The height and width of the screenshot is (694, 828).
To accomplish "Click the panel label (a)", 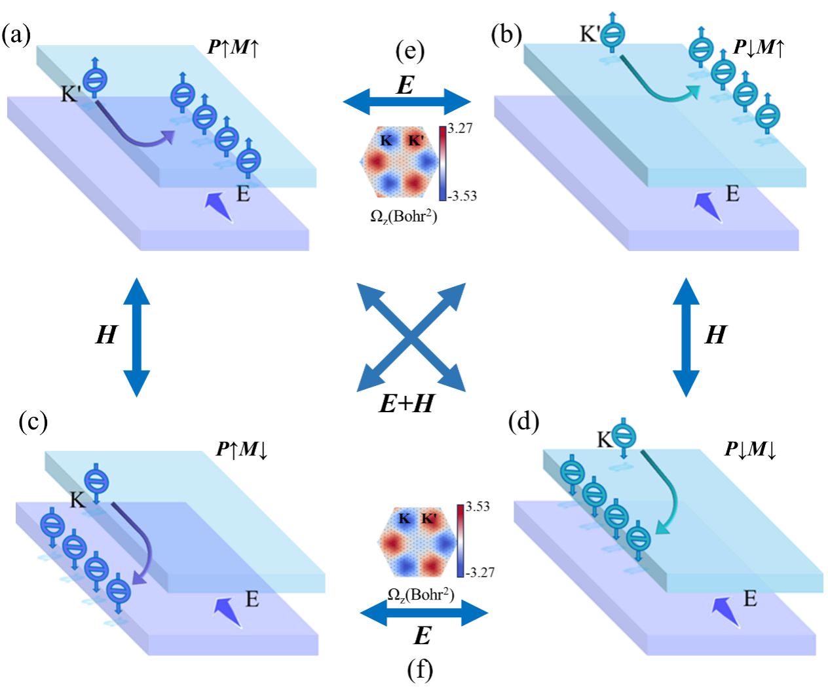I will point(16,35).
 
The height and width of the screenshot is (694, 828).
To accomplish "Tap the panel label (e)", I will point(410,50).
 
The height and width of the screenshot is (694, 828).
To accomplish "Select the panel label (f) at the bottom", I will point(420,669).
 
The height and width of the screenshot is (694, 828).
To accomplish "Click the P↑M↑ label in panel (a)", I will point(233,47).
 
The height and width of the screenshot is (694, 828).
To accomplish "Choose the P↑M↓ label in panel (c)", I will point(242,450).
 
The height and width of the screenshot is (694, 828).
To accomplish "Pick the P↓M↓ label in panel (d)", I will point(750,450).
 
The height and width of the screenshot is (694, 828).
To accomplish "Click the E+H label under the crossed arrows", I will point(406,404).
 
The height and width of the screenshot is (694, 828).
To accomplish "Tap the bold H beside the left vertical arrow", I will point(106,336).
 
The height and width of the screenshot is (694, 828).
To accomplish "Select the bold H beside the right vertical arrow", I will point(715,336).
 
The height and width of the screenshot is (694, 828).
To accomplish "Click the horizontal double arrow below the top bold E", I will point(407,102).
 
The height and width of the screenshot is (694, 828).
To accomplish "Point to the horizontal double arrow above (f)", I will point(424,613).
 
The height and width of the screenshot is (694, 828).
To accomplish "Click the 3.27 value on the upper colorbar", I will point(460,128).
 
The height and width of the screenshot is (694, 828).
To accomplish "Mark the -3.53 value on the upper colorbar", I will point(462,196).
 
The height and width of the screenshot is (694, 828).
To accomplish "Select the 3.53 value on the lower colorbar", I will point(478,507).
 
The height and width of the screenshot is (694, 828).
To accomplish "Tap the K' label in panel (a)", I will point(70,94).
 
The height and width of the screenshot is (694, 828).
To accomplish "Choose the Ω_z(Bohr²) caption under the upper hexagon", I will point(404,216).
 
